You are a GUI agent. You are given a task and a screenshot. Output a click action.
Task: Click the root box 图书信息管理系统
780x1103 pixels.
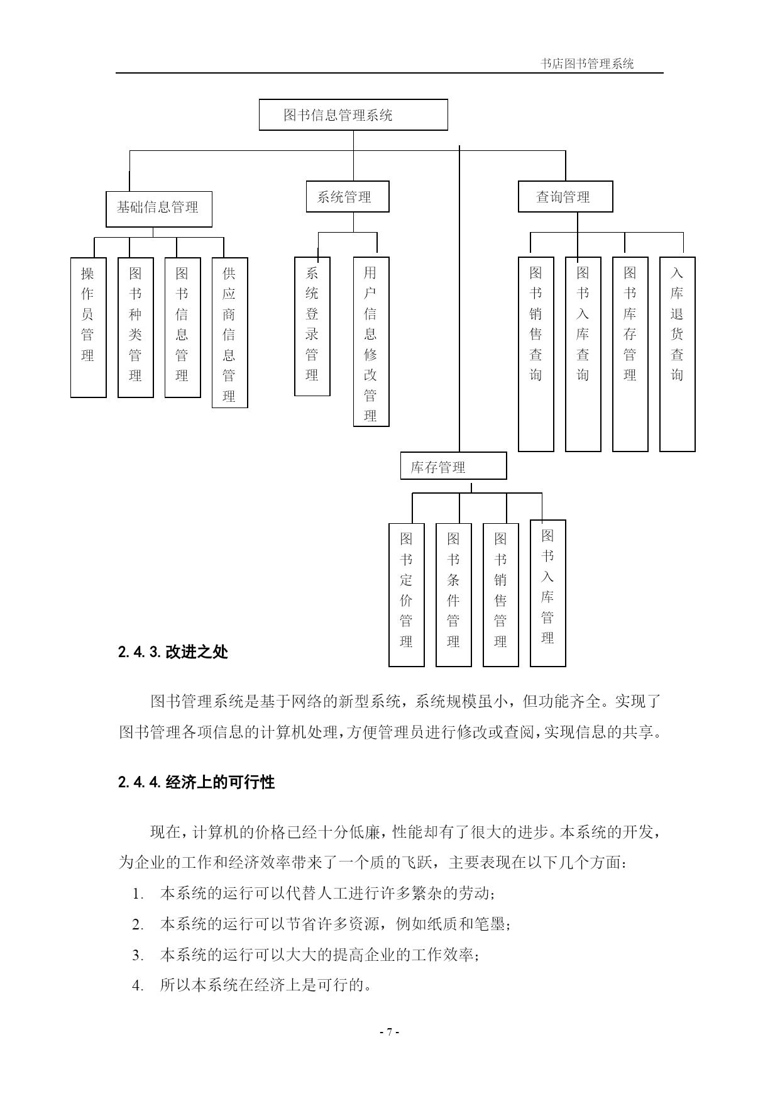[353, 114]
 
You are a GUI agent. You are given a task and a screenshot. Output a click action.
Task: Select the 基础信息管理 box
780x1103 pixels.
[159, 209]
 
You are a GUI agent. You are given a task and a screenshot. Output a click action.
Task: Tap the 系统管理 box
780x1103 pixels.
[348, 197]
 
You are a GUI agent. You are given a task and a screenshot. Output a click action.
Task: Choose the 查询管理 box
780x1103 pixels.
[565, 197]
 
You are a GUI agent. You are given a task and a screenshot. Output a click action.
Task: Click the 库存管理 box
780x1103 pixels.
[454, 467]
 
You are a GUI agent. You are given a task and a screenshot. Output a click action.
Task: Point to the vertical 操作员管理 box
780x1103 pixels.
[88, 327]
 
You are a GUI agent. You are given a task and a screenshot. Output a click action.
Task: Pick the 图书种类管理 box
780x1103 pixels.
[136, 327]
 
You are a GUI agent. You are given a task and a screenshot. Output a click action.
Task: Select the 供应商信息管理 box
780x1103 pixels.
[229, 333]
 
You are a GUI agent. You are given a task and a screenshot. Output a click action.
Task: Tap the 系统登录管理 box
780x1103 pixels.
[312, 326]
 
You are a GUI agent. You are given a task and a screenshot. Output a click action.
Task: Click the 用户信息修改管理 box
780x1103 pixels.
[371, 341]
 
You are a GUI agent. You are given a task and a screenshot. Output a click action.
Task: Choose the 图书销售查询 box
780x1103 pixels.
[536, 354]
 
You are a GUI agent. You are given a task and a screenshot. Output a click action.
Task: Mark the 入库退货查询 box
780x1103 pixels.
[678, 354]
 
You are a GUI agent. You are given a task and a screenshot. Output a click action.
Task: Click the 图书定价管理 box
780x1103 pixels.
[407, 595]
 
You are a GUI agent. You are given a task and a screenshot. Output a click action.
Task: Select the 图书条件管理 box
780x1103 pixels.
[454, 595]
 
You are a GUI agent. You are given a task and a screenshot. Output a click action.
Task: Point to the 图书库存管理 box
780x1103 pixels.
[630, 354]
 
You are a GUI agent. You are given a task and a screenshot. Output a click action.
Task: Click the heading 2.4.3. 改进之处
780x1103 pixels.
[173, 652]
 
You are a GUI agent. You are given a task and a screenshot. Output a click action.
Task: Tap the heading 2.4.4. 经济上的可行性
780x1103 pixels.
[196, 782]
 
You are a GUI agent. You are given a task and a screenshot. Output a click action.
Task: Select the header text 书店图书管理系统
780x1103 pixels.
[587, 64]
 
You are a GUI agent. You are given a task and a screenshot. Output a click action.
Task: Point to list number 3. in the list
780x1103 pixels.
[138, 955]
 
